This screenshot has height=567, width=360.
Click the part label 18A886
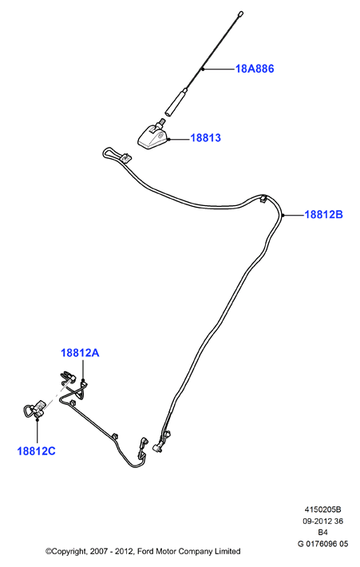tap(255, 69)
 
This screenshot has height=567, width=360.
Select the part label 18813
tap(205, 138)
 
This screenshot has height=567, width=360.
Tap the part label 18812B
tap(323, 215)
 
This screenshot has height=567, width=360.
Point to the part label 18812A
tap(80, 352)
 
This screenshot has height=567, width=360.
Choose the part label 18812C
tap(37, 451)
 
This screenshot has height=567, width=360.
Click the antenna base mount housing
tap(153, 137)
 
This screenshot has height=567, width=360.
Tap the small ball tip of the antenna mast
tap(241, 14)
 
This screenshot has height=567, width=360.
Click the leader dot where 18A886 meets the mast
tap(203, 69)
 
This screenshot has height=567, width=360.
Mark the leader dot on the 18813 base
tap(168, 139)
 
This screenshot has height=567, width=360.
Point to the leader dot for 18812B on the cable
tap(283, 215)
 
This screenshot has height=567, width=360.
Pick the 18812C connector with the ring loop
tap(34, 410)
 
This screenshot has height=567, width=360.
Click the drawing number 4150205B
tap(322, 510)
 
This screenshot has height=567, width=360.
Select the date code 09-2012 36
tap(322, 521)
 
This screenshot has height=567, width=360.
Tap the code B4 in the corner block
tap(322, 533)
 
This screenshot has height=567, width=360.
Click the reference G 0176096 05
tap(322, 544)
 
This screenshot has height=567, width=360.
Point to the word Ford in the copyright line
tap(145, 552)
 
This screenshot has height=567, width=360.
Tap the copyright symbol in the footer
tap(48, 552)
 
